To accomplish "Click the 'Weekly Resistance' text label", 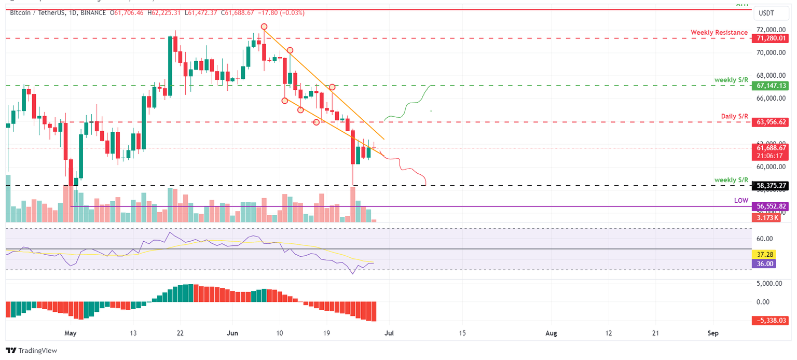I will click(719, 32).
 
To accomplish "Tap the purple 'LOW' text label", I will click(740, 200).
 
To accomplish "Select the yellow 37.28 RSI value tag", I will click(765, 255).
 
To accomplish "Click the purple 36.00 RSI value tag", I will click(765, 264).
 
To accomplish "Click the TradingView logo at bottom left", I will click(31, 351).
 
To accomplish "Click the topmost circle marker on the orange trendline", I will click(264, 26).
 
